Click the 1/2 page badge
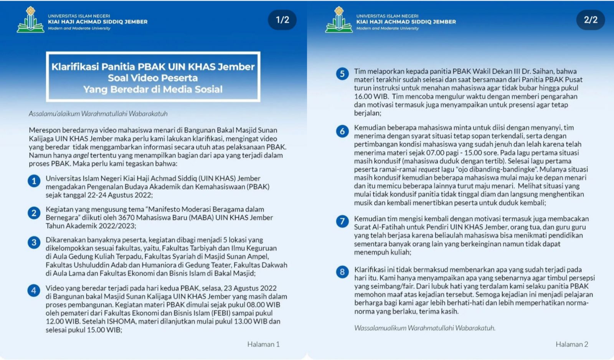click(x=282, y=20)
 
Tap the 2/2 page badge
click(x=591, y=20)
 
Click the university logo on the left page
click(x=30, y=20)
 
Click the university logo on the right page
click(x=338, y=20)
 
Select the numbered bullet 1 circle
click(x=34, y=181)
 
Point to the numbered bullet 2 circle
click(x=34, y=213)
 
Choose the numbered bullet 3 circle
click(x=34, y=242)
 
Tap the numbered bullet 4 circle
click(x=34, y=291)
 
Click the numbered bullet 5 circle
click(x=342, y=74)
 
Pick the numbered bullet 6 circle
click(x=342, y=131)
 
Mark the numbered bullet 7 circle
click(x=342, y=221)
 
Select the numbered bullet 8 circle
click(x=342, y=272)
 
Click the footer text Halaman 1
click(x=263, y=344)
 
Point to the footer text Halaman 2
click(x=572, y=344)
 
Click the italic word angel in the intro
click(x=81, y=155)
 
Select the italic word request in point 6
click(x=429, y=169)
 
